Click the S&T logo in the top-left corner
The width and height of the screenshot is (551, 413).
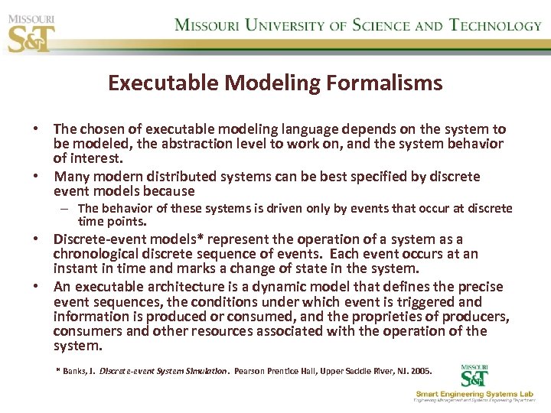[31, 31]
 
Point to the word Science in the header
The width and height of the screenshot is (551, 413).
[380, 24]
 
